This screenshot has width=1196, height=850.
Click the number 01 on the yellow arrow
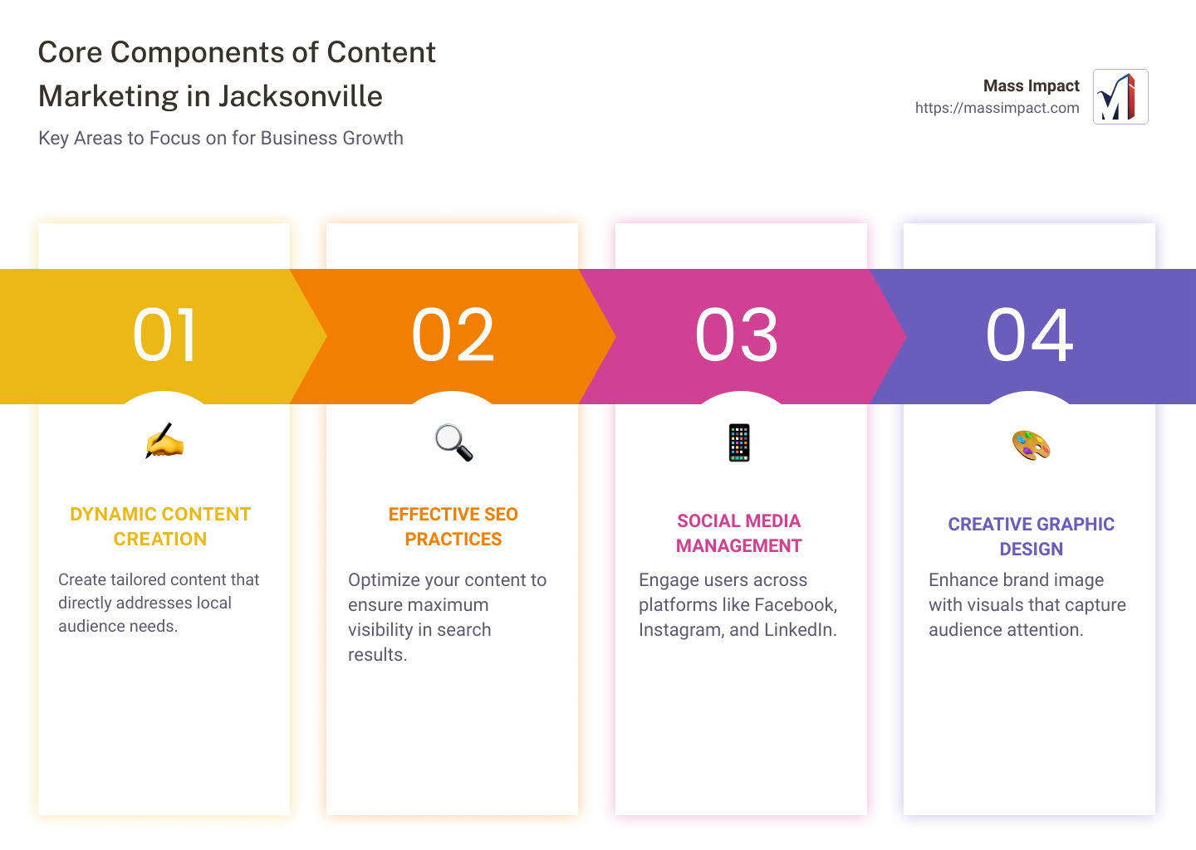(165, 335)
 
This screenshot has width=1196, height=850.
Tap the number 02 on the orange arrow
(453, 335)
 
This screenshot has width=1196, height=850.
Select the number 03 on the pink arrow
(738, 335)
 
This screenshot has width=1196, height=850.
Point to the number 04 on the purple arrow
(1030, 335)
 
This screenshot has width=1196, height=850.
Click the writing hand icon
(164, 441)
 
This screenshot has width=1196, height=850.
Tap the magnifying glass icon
(453, 442)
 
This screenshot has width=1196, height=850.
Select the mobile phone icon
(739, 442)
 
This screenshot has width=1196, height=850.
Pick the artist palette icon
(1031, 445)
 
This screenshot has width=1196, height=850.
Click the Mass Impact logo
(1120, 97)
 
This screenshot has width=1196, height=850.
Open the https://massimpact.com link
(997, 108)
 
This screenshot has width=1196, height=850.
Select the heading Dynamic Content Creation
(160, 526)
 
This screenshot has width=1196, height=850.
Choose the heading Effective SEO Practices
(453, 526)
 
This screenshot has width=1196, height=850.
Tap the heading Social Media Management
(738, 533)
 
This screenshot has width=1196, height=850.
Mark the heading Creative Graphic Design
(1031, 536)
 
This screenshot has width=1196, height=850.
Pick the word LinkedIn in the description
(799, 630)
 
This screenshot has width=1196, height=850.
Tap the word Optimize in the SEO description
(384, 580)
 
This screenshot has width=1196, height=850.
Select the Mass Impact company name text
(1031, 85)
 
